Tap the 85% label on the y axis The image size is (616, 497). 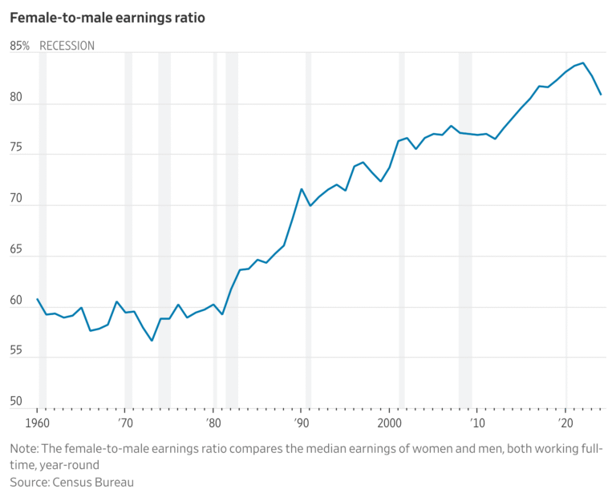(20, 46)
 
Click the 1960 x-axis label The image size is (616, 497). (38, 422)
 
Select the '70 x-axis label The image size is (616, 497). (125, 422)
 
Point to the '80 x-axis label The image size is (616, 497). (213, 422)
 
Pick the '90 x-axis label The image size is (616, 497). (302, 422)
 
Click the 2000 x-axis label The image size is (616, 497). (390, 422)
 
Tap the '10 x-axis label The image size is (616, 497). (478, 422)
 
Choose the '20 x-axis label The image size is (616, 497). (566, 422)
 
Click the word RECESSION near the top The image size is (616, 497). (67, 46)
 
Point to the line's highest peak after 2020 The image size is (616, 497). (583, 63)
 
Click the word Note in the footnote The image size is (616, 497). (24, 448)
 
